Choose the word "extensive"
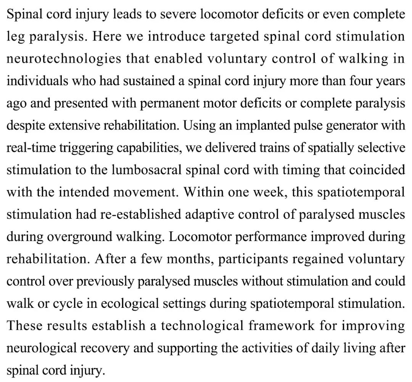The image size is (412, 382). [x=86, y=125]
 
